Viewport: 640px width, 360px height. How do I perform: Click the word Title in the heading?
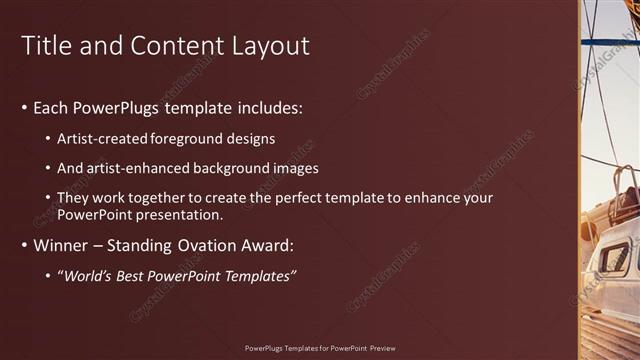tap(48, 46)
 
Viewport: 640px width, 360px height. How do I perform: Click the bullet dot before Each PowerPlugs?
tap(24, 107)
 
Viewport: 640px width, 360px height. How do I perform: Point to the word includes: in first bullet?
tap(266, 107)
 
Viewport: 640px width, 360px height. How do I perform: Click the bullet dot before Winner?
tap(24, 245)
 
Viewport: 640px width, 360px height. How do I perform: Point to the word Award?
tap(270, 245)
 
